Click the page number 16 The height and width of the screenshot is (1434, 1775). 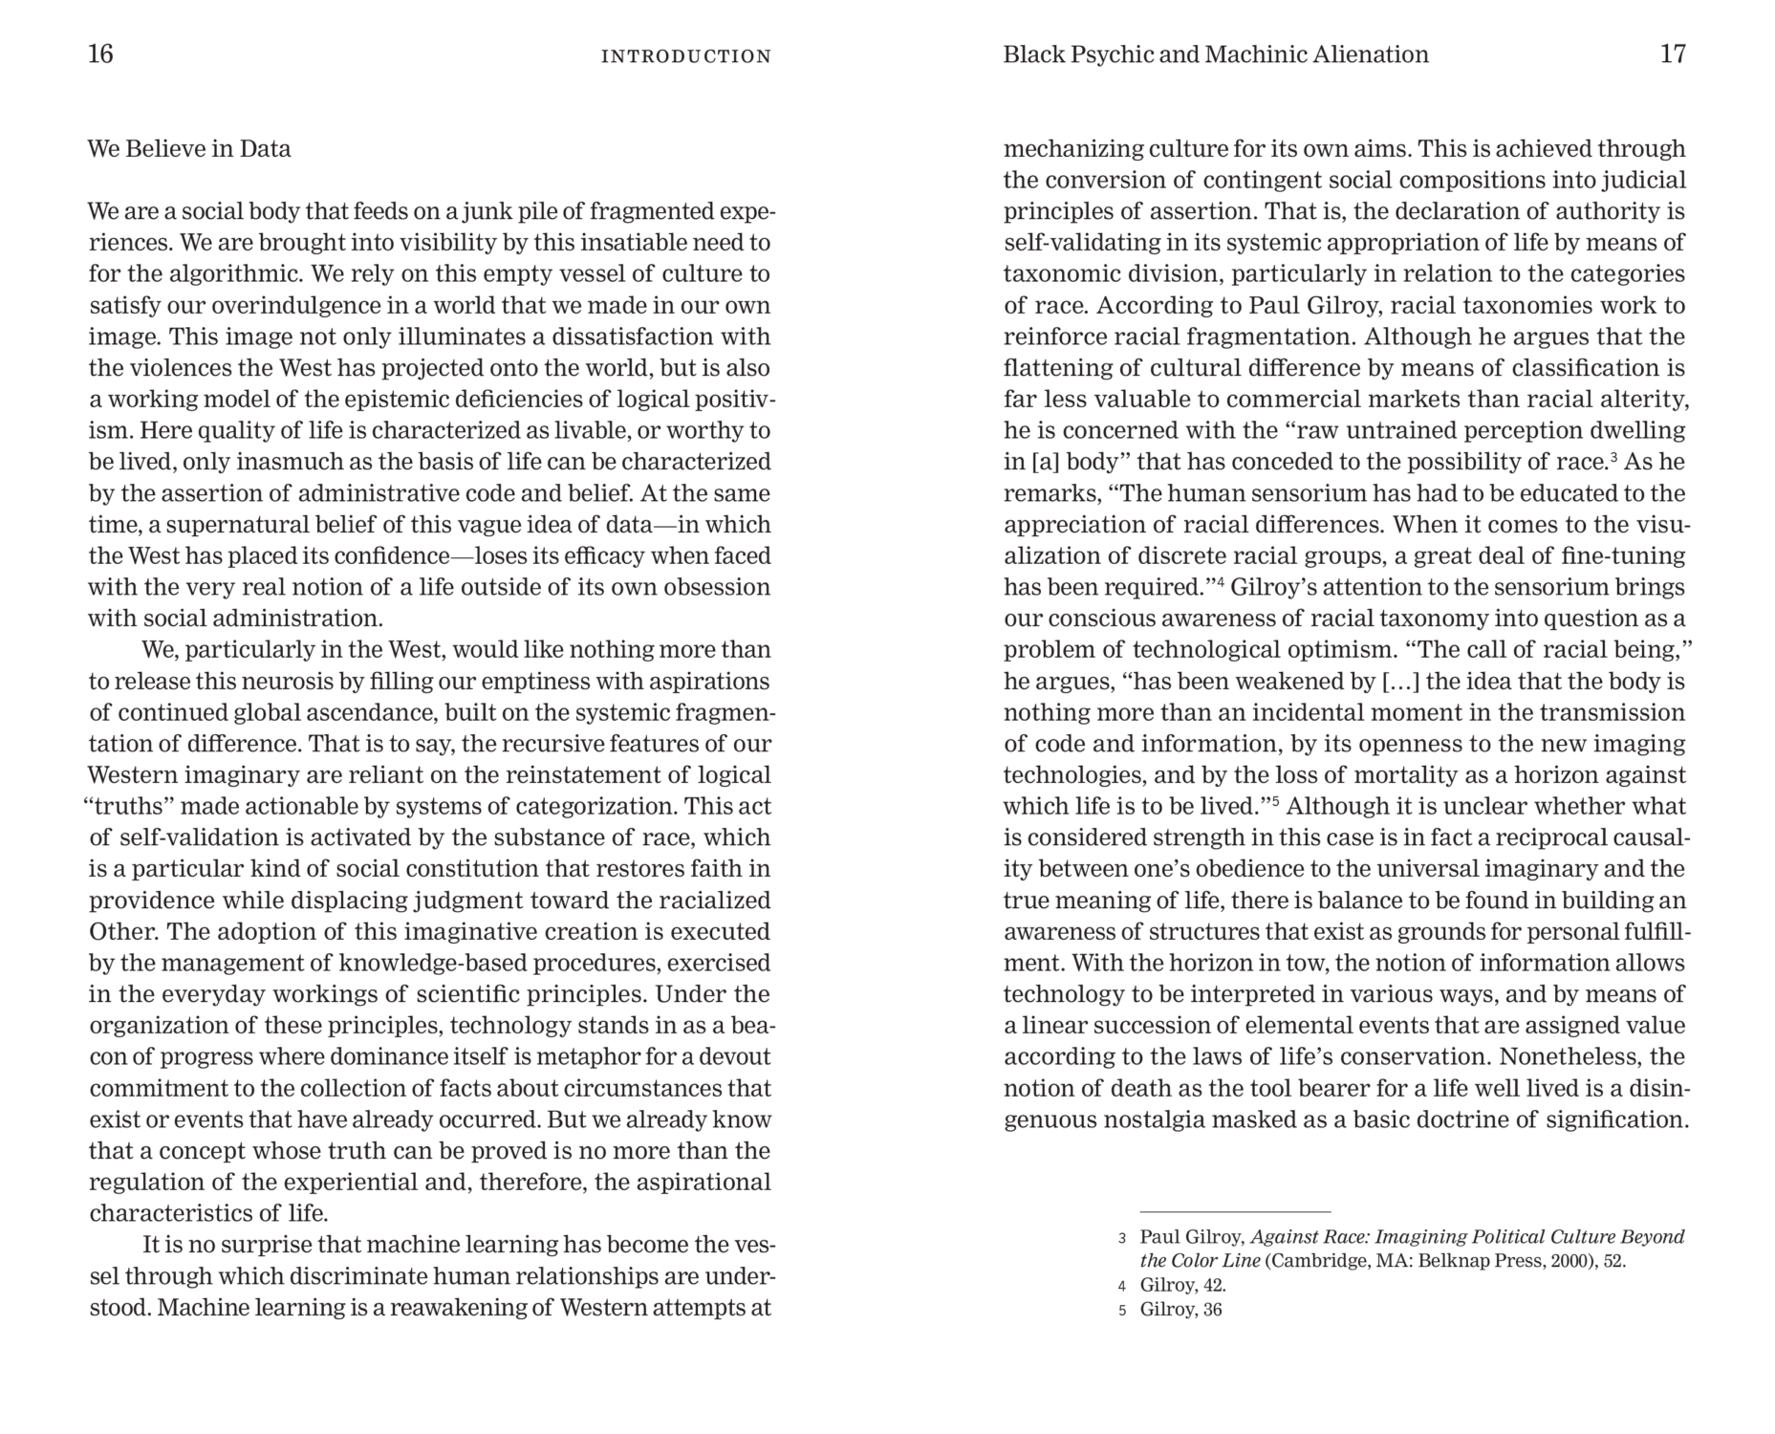(100, 54)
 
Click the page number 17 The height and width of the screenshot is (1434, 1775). (1673, 54)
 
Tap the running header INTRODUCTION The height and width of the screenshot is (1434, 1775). (685, 56)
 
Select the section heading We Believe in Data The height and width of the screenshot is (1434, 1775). (189, 149)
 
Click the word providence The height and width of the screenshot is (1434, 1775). (152, 901)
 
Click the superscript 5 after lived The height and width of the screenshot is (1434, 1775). (1275, 801)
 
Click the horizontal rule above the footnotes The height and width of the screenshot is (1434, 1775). (1234, 1211)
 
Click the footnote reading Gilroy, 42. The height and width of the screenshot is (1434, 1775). (1182, 1286)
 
